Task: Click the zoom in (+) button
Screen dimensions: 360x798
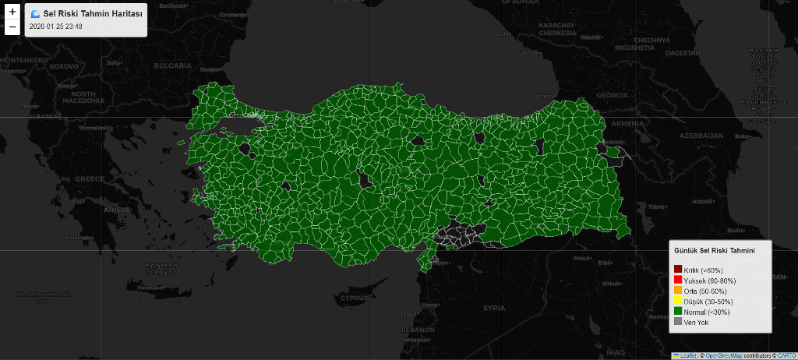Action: point(12,12)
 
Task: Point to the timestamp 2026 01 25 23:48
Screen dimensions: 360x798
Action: point(55,26)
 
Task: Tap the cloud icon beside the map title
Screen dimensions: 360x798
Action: point(35,14)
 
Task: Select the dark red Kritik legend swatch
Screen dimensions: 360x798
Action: point(678,270)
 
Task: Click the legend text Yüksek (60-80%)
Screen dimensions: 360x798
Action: point(710,281)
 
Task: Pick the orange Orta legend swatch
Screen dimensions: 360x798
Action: point(678,291)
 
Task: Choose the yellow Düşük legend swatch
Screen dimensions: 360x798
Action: point(678,301)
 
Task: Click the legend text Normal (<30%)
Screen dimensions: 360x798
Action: point(708,312)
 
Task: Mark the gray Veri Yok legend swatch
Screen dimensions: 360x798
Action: point(678,321)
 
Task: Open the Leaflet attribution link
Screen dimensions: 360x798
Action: point(688,355)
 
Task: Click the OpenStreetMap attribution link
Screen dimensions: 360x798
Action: point(722,355)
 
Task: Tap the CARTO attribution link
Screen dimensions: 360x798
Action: point(786,355)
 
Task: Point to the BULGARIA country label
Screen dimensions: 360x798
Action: point(172,66)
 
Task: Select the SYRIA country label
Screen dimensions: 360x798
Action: point(494,308)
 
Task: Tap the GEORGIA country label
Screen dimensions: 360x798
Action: point(612,95)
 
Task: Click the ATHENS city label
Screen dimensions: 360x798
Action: point(118,210)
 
